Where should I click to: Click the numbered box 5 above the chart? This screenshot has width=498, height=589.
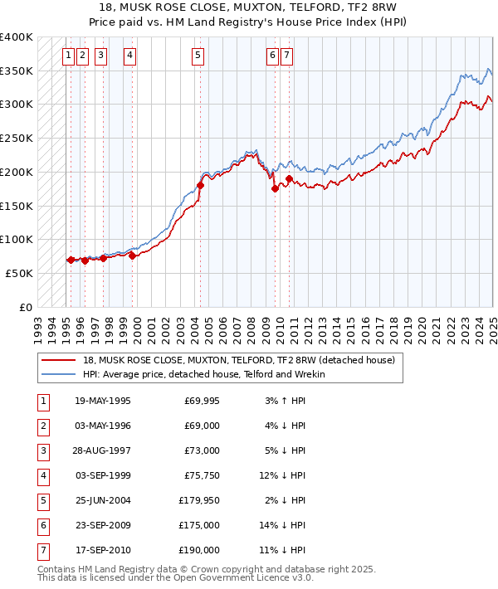198,56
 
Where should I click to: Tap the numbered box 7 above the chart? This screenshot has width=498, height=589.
286,56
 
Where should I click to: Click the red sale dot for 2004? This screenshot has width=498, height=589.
200,186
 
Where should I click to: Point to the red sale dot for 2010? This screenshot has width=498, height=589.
289,178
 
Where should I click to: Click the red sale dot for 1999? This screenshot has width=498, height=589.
132,256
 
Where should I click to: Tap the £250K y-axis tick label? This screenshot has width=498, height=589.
17,138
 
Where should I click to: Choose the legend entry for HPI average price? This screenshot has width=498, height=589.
203,374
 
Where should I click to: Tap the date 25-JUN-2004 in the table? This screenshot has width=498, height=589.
102,500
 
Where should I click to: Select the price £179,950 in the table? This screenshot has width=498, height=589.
199,500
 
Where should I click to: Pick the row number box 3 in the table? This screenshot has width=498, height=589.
41,450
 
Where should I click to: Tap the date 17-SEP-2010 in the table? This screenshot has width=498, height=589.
102,550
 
